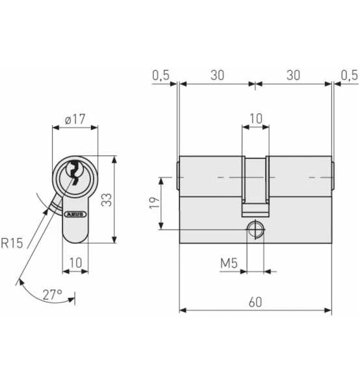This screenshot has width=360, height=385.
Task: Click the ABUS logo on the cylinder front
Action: click(75, 214)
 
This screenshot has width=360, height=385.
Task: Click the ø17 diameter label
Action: click(75, 119)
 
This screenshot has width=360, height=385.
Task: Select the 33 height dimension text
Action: click(107, 200)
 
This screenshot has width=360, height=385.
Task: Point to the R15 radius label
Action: click(12, 243)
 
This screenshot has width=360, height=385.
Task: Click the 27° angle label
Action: click(53, 295)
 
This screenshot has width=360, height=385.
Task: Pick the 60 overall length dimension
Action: click(255, 302)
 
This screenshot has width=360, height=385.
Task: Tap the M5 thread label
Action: click(229, 263)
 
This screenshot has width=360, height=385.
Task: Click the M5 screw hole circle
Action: click(255, 230)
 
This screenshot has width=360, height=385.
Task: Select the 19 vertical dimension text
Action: click(155, 202)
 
